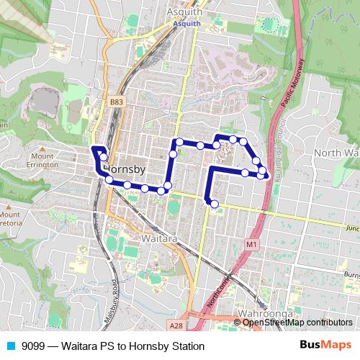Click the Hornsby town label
coord(126,169)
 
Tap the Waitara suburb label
coord(160,238)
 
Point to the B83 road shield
coord(117,104)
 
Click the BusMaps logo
coord(325,346)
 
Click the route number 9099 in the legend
coord(35,346)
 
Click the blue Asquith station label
coord(186,23)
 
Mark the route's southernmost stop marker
coord(214,204)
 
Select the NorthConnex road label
coord(221,294)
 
